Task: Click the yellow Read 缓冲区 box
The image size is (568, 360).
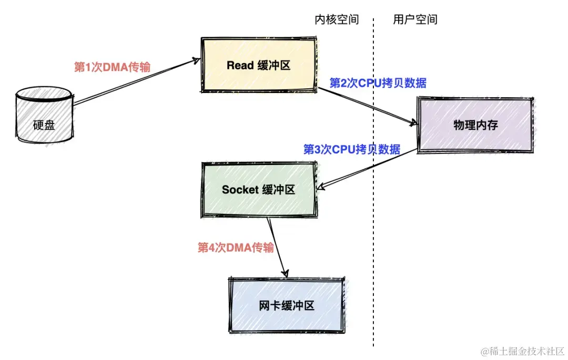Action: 258,65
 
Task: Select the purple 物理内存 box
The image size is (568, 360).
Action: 475,125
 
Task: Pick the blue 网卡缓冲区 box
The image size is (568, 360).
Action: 287,305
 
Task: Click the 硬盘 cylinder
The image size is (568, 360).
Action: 44,118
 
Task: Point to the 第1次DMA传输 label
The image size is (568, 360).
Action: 112,67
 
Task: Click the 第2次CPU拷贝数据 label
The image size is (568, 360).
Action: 378,83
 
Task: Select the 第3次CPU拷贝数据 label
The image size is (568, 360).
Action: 352,149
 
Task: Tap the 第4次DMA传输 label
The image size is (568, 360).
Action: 236,248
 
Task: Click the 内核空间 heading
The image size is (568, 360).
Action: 337,20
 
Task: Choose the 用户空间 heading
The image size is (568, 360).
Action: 415,20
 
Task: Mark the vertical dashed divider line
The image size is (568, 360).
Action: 374,236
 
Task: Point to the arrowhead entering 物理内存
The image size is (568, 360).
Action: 413,124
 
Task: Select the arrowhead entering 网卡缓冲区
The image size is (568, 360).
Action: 286,274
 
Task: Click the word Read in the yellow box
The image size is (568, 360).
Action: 240,65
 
